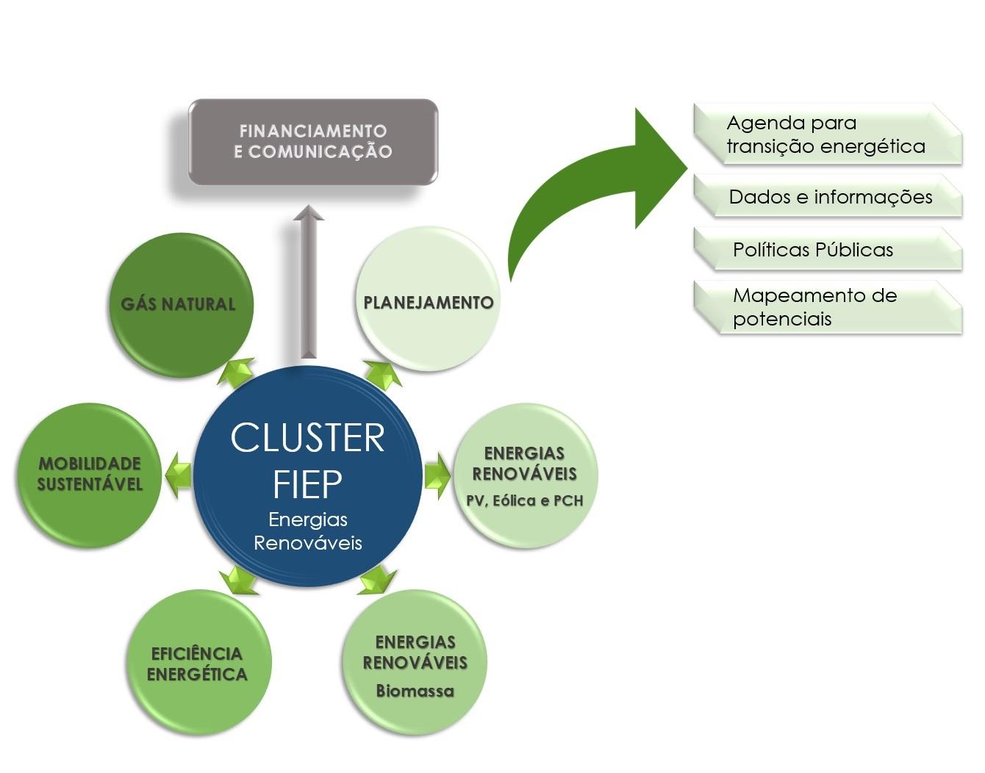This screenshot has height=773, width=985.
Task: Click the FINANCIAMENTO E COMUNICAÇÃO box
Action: pos(313,141)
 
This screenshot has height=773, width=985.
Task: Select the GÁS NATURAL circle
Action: pos(181,306)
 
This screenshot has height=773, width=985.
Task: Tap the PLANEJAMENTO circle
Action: pos(428,301)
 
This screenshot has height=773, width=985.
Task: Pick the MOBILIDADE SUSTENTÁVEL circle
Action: pos(90,475)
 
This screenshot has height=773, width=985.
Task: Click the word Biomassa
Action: pos(415,691)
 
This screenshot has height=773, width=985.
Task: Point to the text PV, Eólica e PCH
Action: pos(525,501)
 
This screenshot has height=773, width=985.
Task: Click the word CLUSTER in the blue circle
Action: pos(307,438)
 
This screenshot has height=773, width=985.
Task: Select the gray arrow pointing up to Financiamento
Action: pos(309,283)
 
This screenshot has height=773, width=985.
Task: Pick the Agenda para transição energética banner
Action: pos(827,134)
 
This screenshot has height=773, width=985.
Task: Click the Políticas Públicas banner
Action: pos(827,250)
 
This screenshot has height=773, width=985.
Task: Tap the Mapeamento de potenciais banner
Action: pos(827,307)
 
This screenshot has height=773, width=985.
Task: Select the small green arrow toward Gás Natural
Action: pos(237,371)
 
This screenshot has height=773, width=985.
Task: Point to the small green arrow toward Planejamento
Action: pos(383,373)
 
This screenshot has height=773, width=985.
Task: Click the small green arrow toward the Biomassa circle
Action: pos(377,580)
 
